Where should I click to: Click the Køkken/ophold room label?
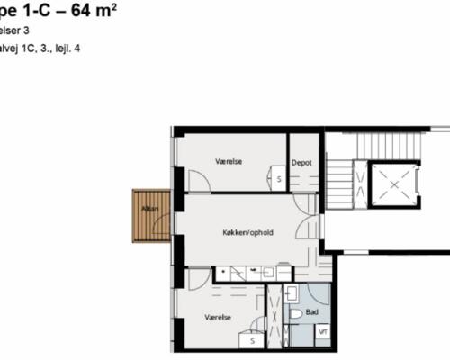click(x=247, y=233)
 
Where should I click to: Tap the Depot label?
click(x=301, y=163)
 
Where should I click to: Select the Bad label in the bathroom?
click(x=312, y=312)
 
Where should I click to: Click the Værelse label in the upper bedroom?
click(x=229, y=162)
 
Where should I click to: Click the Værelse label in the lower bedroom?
click(x=219, y=317)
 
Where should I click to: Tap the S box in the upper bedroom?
click(x=279, y=179)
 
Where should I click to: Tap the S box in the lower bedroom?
click(x=253, y=340)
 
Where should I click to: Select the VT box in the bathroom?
click(x=324, y=332)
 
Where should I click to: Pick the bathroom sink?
click(x=292, y=292)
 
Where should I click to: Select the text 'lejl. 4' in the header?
click(x=78, y=46)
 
